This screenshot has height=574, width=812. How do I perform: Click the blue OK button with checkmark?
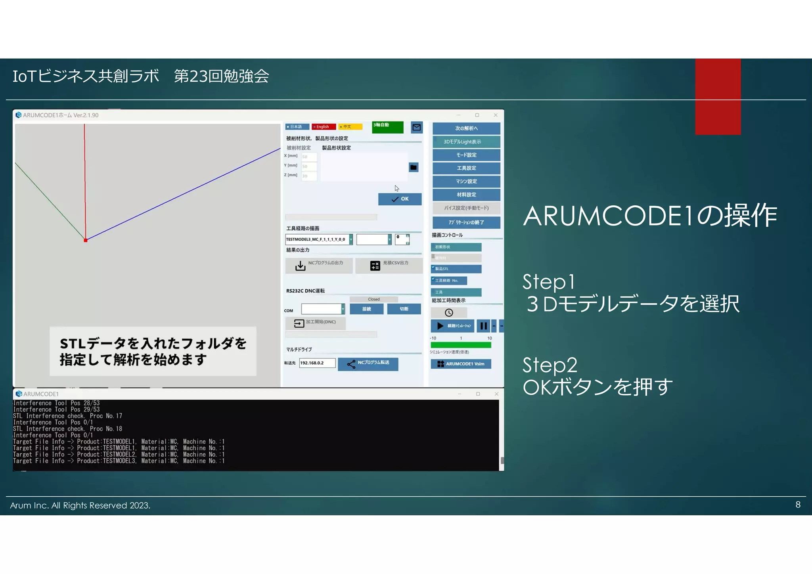click(400, 199)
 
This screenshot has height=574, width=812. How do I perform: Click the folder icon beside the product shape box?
click(414, 167)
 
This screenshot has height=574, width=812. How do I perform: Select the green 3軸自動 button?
click(387, 127)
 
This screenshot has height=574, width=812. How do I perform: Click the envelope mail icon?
click(417, 127)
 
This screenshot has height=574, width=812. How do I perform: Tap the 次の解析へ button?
click(466, 128)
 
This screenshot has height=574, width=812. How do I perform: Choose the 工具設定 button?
click(466, 168)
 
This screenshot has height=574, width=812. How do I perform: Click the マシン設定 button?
click(466, 182)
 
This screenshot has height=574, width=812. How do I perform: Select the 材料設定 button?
click(466, 195)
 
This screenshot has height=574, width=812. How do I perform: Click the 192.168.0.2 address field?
click(317, 363)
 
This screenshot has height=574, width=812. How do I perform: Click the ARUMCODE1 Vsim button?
click(461, 364)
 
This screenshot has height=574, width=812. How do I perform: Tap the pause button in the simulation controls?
click(483, 326)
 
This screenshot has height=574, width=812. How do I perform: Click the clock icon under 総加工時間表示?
click(449, 313)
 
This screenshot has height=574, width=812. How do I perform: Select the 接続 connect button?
click(366, 309)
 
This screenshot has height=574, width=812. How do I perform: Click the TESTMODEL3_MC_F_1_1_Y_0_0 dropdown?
click(319, 239)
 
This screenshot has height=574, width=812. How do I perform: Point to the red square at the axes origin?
click(86, 240)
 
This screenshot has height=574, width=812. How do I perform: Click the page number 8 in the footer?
click(798, 505)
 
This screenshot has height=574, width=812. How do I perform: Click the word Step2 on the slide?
click(550, 365)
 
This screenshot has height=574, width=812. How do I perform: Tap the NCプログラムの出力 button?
click(319, 265)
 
